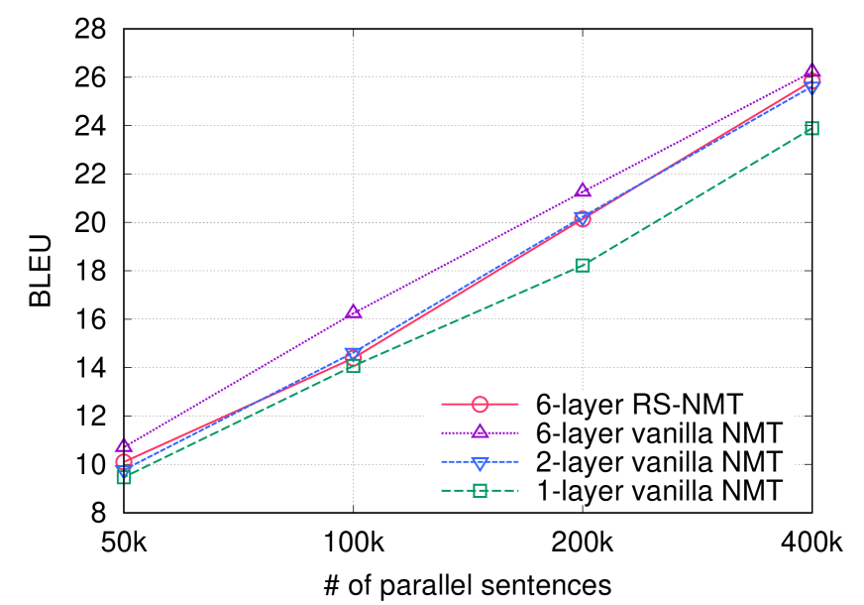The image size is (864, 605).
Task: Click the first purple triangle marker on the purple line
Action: [124, 446]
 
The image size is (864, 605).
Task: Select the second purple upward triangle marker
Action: [354, 312]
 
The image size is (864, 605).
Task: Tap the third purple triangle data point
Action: [583, 190]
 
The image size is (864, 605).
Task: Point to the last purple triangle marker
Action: [812, 72]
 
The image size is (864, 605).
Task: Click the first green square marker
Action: [124, 477]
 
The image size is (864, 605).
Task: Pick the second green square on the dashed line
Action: [354, 365]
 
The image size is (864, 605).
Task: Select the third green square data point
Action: [583, 265]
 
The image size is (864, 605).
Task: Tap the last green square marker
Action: [812, 128]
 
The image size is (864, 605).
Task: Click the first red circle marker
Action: [124, 462]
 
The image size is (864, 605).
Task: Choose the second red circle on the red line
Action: [354, 358]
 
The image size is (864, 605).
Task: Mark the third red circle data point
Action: [583, 219]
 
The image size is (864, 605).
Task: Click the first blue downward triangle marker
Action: [124, 470]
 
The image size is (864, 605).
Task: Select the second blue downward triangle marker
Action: [354, 354]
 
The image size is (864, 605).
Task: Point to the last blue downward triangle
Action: [812, 87]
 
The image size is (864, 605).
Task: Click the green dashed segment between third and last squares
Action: [698, 196]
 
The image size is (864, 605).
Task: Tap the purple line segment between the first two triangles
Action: [239, 380]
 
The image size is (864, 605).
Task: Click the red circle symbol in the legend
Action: [480, 405]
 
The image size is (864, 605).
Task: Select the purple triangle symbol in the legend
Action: [480, 431]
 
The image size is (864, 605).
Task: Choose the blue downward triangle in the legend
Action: [480, 463]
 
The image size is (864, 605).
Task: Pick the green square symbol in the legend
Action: [480, 490]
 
